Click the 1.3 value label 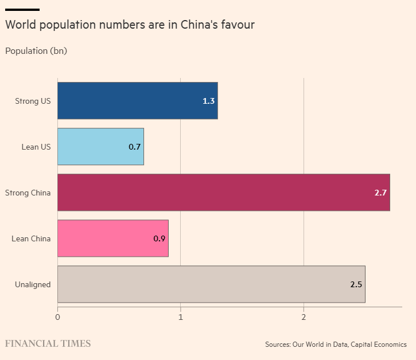[x=208, y=101]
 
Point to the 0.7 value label [x=135, y=147]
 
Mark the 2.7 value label [x=380, y=193]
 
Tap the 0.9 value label [x=160, y=238]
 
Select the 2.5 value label [x=356, y=284]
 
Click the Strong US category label [x=33, y=101]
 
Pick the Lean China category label [x=31, y=238]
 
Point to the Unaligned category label [x=33, y=284]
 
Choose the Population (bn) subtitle [x=36, y=51]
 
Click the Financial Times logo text [x=48, y=344]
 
